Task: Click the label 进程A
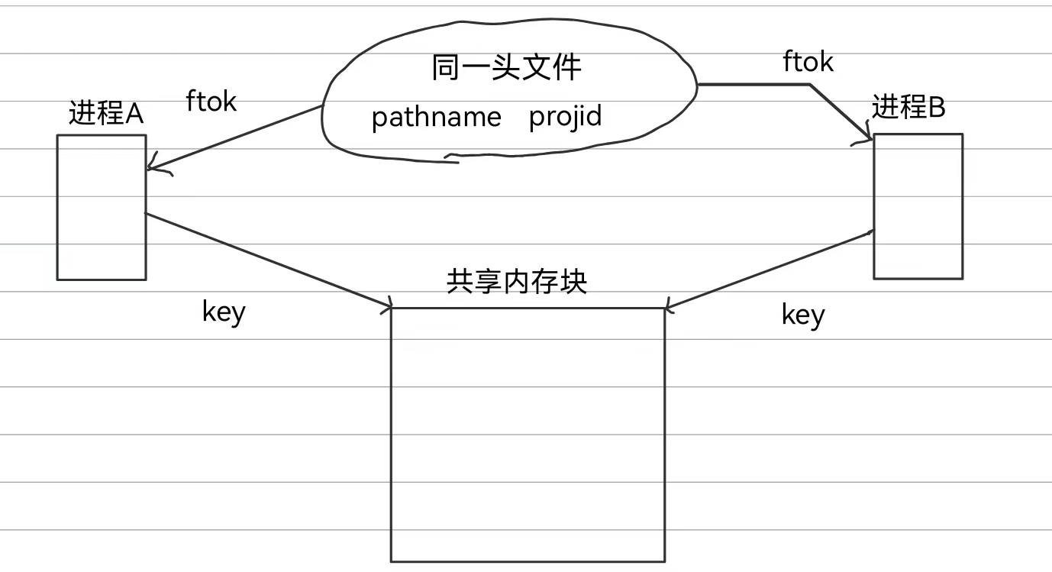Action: (106, 114)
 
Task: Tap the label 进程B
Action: (908, 108)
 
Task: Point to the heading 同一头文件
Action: (506, 67)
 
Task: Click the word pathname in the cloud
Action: (436, 117)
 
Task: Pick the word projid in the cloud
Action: (565, 116)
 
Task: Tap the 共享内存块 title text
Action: (516, 282)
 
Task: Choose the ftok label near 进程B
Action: (808, 62)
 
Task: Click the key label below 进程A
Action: (224, 311)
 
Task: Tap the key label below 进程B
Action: (803, 314)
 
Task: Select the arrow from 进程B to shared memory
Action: (771, 270)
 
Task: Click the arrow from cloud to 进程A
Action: (237, 138)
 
